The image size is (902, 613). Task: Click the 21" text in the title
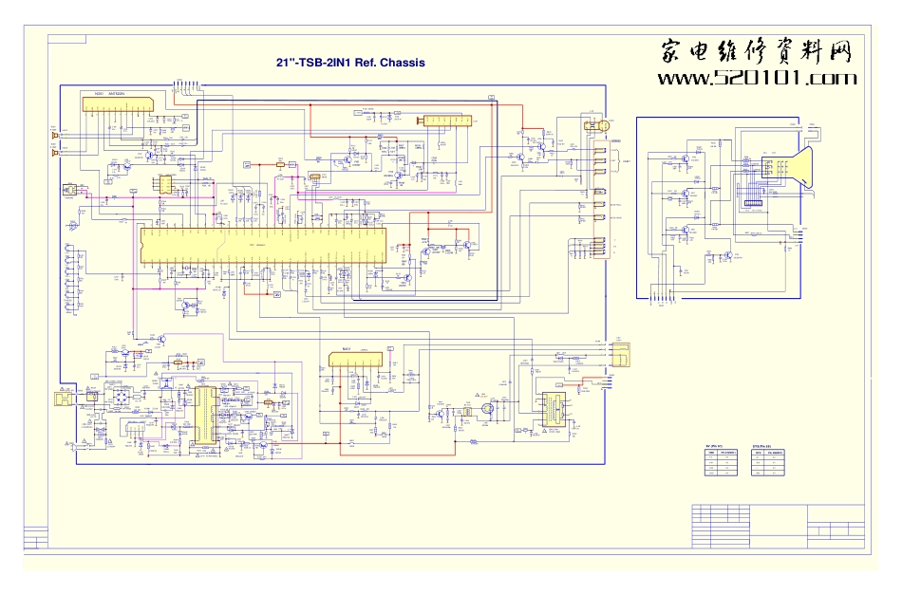(x=284, y=63)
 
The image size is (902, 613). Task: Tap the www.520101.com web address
(x=757, y=79)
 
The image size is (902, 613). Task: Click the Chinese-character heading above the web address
(x=756, y=51)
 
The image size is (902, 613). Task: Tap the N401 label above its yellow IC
(x=347, y=349)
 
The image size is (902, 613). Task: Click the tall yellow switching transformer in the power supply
(x=205, y=415)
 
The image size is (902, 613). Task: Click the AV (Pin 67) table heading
(x=714, y=445)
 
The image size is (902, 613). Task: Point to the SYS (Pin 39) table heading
(x=761, y=445)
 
